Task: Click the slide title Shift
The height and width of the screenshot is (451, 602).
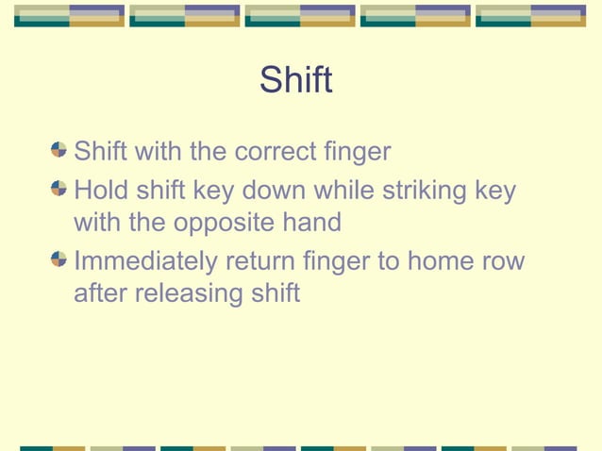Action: [x=295, y=80]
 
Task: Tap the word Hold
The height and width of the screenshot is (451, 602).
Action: [x=100, y=191]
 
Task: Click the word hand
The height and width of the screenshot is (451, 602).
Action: [x=308, y=223]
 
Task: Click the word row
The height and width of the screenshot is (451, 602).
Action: [x=505, y=262]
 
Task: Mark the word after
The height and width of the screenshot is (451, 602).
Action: [x=101, y=293]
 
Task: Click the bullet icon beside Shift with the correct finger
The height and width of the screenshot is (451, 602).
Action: [x=60, y=151]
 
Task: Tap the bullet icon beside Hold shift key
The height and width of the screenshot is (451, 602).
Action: [x=60, y=191]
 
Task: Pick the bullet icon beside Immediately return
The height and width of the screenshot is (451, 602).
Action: [x=60, y=260]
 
